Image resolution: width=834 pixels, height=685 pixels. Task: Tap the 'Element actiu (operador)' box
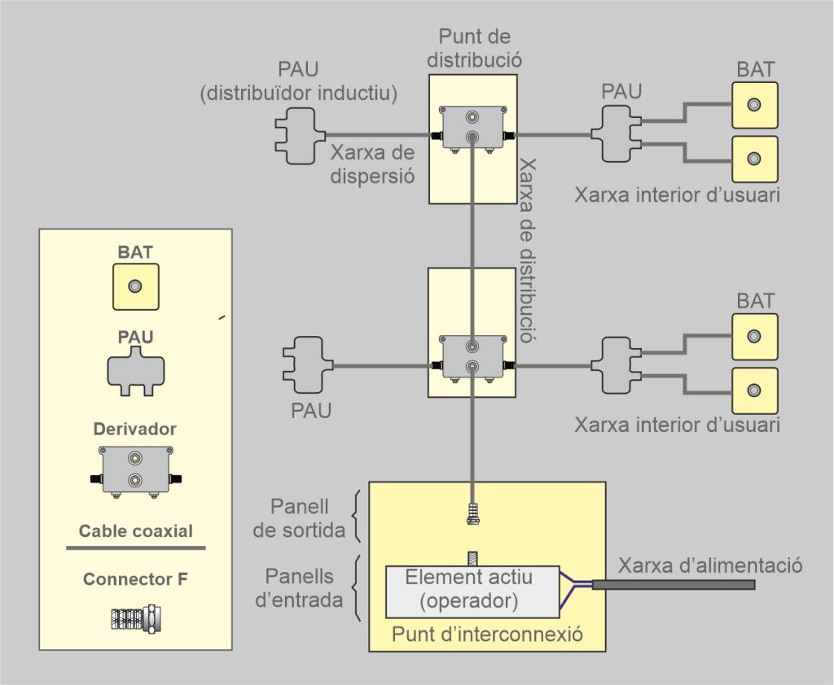click(468, 590)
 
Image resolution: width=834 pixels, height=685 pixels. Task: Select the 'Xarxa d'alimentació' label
click(710, 565)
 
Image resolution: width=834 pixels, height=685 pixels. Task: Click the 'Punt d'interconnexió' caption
click(487, 634)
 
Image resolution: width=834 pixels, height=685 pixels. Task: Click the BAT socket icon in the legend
click(135, 286)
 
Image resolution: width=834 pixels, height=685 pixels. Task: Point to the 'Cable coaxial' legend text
click(135, 531)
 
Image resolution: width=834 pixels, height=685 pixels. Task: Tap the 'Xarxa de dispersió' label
click(372, 164)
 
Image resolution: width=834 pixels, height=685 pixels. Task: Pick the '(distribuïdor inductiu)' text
click(299, 94)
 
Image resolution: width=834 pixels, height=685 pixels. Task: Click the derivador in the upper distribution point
click(472, 129)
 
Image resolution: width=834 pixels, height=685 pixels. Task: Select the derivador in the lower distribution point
click(472, 358)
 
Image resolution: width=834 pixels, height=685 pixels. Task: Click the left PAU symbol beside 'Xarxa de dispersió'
click(295, 135)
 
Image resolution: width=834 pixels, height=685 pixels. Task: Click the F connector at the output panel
click(472, 513)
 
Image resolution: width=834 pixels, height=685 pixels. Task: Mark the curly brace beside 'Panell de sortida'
click(356, 517)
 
